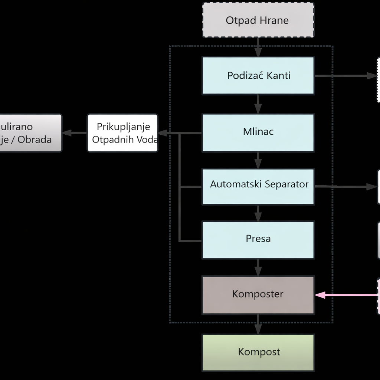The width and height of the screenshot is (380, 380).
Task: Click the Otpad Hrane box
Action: (x=258, y=20)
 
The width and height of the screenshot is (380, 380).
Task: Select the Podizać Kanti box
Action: (x=258, y=75)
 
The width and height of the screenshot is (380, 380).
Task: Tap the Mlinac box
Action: (x=258, y=132)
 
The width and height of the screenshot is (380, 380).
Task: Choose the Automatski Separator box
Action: (x=258, y=186)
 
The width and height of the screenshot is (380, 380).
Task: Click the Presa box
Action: (x=258, y=240)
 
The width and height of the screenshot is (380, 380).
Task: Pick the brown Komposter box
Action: (x=258, y=295)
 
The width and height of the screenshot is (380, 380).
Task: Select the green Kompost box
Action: (x=258, y=353)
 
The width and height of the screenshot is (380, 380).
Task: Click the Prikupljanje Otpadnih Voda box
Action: (x=122, y=133)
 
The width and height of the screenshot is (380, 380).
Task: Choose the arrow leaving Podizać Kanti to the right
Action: (x=345, y=76)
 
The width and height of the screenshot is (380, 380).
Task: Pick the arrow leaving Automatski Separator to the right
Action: (x=345, y=187)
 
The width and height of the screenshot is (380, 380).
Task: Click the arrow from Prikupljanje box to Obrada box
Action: (x=75, y=133)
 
